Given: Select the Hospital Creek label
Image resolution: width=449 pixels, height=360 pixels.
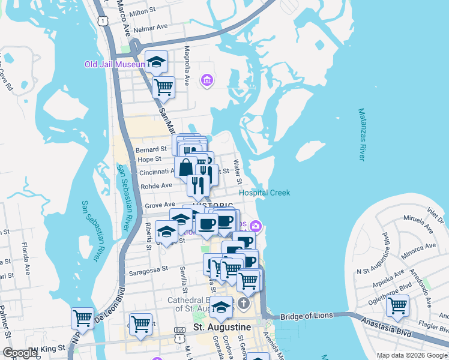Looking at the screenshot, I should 264,193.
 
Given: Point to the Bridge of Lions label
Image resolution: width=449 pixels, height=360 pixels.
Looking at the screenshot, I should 306,316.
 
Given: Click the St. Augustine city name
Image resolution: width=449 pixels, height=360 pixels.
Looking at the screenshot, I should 221,327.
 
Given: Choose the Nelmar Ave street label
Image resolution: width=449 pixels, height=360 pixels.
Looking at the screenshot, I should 151,28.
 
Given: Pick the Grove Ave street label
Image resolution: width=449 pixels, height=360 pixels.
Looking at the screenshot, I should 160,205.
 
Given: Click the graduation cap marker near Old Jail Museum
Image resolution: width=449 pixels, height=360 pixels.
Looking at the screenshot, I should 156,62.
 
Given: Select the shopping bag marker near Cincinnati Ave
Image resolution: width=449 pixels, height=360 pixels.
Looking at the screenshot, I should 185,166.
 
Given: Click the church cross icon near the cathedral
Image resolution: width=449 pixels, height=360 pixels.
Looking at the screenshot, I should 244,302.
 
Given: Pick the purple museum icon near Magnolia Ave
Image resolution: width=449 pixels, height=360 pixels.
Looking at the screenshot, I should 208,80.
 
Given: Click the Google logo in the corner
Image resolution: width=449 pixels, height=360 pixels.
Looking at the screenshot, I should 20,353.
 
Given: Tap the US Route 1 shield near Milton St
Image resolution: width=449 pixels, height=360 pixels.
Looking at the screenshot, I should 103,20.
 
